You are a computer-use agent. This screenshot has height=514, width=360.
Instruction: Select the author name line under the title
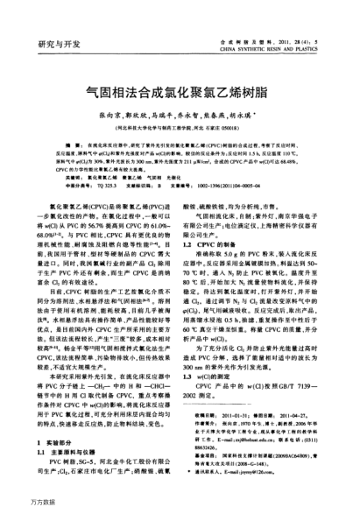pyautogui.click(x=180, y=115)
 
